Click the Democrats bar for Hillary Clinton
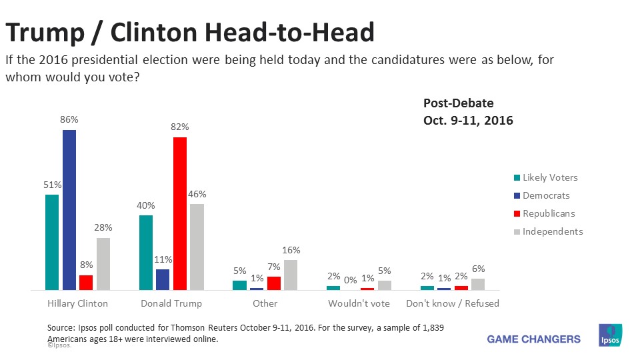point(69,210)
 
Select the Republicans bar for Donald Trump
point(180,213)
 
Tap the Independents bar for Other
point(291,275)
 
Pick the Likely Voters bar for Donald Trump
point(146,253)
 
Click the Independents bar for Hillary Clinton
point(103,264)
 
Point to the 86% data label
point(69,120)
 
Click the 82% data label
point(180,127)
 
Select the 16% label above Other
point(291,250)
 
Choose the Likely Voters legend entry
point(550,177)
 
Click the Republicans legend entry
point(549,213)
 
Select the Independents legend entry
point(553,231)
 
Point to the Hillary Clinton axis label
point(78,303)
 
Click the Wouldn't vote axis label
point(359,303)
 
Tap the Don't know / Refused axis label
point(453,303)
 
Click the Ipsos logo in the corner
point(611,335)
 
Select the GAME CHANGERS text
point(533,339)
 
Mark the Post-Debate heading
point(459,103)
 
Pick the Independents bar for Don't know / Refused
point(478,284)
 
